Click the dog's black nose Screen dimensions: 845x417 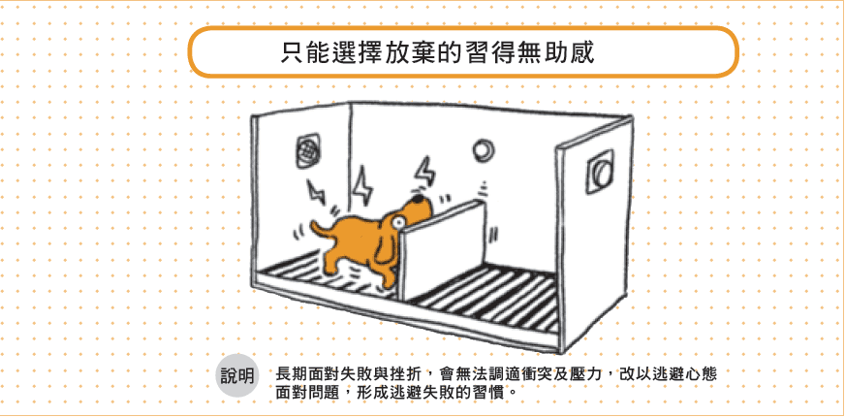coord(418,199)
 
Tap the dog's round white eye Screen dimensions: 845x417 coord(398,221)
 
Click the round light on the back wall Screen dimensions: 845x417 coord(482,149)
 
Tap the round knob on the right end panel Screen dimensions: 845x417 coord(600,172)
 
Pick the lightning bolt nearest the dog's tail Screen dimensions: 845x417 coord(315,192)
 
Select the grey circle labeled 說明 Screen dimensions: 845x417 coord(237,376)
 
